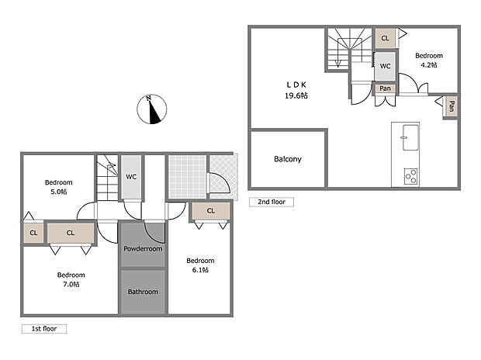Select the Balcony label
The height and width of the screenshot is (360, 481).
tap(287, 159)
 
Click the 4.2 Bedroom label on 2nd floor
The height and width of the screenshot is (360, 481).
tap(428, 61)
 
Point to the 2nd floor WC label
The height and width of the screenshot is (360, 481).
tap(385, 66)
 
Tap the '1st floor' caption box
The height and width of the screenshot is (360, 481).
tap(43, 329)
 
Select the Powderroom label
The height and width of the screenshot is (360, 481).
tap(143, 249)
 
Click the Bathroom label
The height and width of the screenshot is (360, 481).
tap(143, 292)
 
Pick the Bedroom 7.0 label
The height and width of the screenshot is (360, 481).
tap(71, 279)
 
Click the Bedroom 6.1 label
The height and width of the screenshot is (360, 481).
tap(199, 265)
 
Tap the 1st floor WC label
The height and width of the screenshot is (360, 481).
tap(132, 176)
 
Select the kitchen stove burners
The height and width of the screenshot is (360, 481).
tap(410, 176)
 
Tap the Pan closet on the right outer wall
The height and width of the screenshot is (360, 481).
tap(451, 106)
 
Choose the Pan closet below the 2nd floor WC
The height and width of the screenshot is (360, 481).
tap(385, 88)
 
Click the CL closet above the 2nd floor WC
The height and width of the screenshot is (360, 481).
tap(385, 38)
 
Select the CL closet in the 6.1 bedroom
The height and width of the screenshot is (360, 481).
tap(209, 210)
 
